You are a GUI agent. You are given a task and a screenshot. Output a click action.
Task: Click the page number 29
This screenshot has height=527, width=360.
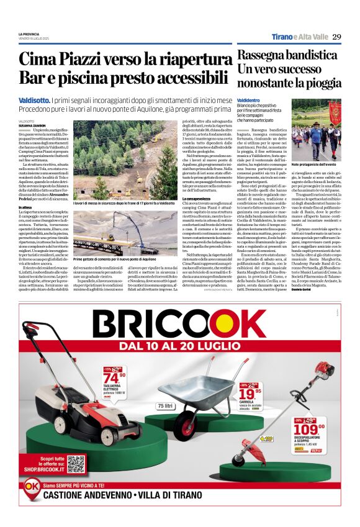[336, 37]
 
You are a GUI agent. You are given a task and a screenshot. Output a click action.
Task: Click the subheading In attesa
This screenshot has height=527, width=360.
[25, 207]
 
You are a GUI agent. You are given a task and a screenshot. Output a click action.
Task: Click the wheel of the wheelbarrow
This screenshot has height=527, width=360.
[188, 426]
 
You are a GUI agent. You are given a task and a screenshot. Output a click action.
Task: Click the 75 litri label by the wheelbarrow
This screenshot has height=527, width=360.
[166, 405]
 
